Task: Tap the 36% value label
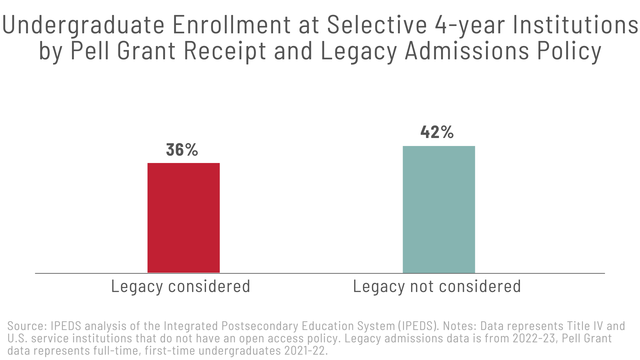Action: pos(182,150)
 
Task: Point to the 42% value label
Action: pos(437,132)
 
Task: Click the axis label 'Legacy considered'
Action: pos(180,286)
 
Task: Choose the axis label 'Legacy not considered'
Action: pos(437,286)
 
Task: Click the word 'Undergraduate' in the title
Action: pos(83,25)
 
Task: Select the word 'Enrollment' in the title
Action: pos(232,25)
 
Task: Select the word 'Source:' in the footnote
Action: pos(27,326)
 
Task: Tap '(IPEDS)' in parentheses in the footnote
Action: pos(418,326)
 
